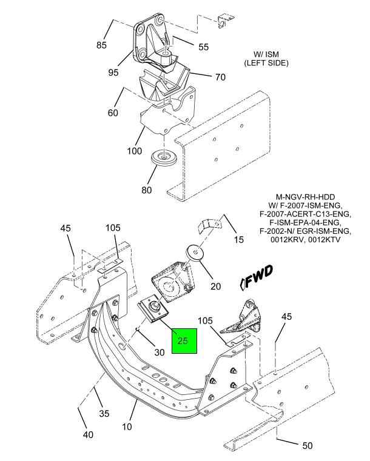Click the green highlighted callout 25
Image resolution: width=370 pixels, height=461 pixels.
tap(184, 340)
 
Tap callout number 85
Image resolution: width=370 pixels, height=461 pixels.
tap(101, 45)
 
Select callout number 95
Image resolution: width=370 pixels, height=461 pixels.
tap(113, 72)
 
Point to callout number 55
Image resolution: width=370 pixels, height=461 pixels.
tap(203, 47)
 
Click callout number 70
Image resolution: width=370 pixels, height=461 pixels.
tap(220, 77)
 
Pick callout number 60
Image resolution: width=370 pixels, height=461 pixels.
tap(113, 113)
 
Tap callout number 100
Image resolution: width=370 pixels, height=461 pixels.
tap(134, 151)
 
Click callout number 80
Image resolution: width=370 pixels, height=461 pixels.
tap(147, 190)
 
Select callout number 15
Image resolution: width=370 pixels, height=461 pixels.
tap(239, 240)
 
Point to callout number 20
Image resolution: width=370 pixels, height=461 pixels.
tap(215, 286)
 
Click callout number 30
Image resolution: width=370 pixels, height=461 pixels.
tap(160, 352)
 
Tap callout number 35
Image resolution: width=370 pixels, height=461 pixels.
tap(104, 413)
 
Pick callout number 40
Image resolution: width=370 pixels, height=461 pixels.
tap(88, 434)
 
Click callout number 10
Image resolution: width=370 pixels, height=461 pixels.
tap(127, 426)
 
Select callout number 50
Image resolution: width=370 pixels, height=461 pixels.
tap(308, 445)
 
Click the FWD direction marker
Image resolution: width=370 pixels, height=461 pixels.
tap(257, 277)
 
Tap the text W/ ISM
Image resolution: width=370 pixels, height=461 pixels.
tap(266, 55)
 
